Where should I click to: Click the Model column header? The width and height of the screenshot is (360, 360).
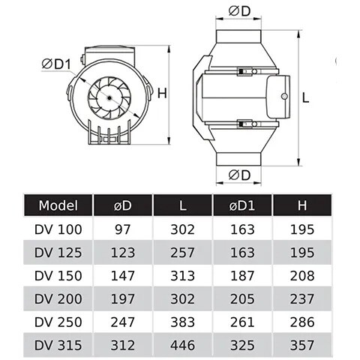click(58, 205)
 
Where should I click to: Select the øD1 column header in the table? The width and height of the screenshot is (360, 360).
click(242, 205)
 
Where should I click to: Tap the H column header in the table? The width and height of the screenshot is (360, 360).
click(302, 205)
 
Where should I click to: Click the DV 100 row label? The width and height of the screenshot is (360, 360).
click(58, 229)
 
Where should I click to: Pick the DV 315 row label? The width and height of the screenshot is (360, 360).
click(58, 345)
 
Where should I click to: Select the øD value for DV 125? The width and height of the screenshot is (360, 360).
click(123, 253)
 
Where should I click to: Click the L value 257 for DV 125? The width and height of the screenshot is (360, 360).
click(182, 253)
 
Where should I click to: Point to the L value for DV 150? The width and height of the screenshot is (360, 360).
click(182, 276)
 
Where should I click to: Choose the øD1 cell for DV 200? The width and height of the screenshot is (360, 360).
click(242, 299)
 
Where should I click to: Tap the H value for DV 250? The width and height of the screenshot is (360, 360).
click(302, 322)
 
